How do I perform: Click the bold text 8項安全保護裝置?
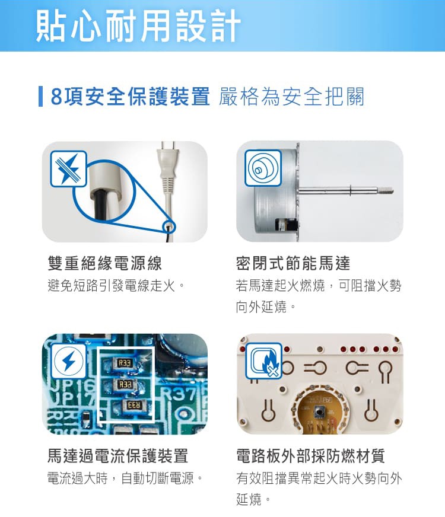[x=130, y=97]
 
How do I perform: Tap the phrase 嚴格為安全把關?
[x=291, y=97]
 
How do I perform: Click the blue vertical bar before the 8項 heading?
[x=40, y=97]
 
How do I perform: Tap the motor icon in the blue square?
[x=262, y=168]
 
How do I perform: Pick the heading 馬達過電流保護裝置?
[x=117, y=456]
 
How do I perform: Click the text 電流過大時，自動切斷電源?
[x=125, y=478]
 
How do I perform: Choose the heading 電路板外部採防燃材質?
[x=310, y=456]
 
